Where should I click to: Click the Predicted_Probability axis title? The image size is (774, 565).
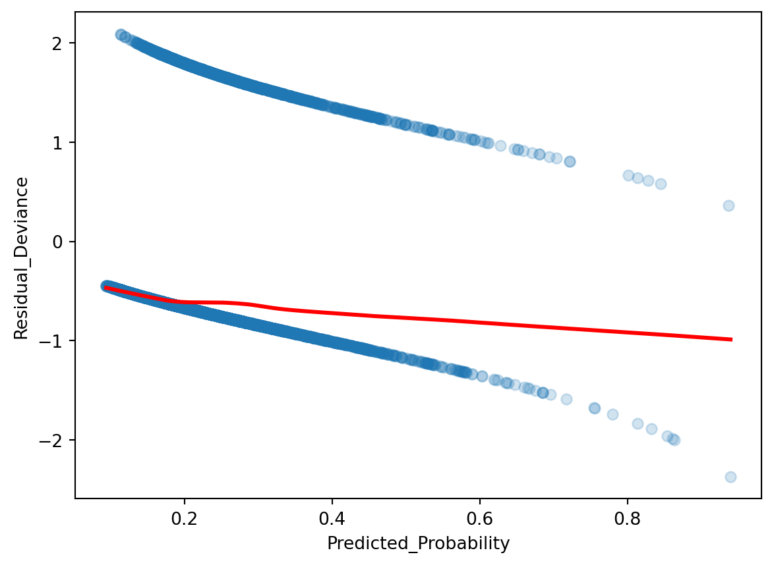(x=419, y=544)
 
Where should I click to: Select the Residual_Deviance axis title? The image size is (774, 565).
(x=21, y=258)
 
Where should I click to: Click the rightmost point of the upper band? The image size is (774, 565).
(x=729, y=205)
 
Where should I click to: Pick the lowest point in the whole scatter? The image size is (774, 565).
(x=730, y=477)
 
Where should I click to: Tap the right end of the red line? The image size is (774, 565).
(x=731, y=339)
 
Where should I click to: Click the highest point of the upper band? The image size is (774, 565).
(x=121, y=34)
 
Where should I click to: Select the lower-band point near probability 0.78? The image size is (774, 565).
(x=612, y=414)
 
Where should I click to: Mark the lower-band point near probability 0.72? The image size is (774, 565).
(x=566, y=399)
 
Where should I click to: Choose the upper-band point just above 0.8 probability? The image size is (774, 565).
(x=628, y=175)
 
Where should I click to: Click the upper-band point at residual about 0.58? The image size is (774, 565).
(x=661, y=184)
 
